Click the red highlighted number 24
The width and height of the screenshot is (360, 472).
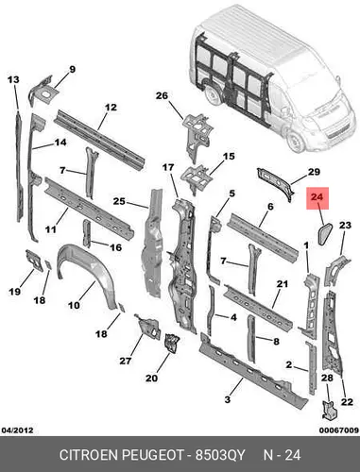coord(317,197)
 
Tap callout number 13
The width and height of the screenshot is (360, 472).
coord(13,80)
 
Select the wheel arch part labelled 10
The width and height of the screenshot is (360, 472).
coord(84,272)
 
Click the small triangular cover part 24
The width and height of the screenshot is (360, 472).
coord(324,233)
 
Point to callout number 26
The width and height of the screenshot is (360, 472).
coord(162,95)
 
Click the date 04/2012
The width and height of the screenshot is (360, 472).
coord(17,430)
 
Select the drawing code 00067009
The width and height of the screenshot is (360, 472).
coord(339,430)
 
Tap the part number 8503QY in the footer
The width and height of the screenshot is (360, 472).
coord(220,455)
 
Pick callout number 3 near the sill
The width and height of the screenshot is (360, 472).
coord(228,399)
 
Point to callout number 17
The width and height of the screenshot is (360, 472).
coord(168,167)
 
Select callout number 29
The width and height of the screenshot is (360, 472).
coord(314,172)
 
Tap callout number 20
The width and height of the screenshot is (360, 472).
coord(151,378)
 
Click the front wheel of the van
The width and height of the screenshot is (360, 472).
coord(296,141)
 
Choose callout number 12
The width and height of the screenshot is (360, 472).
coord(111,108)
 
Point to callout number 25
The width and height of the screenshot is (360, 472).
coord(119,201)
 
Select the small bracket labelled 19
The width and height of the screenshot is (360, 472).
coord(34,260)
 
